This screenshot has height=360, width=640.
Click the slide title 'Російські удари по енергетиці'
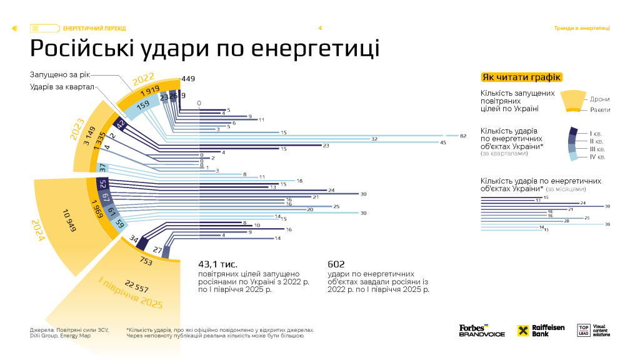(x=205, y=48)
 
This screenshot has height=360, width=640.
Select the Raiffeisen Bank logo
(x=541, y=331)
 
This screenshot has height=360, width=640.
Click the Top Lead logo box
(x=584, y=331)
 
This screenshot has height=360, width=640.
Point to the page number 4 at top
(x=320, y=28)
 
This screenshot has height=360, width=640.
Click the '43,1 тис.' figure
(x=217, y=264)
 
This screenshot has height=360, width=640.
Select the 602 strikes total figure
(x=336, y=264)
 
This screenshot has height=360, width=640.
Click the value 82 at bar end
(x=463, y=136)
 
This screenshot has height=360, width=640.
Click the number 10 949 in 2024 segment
(x=68, y=221)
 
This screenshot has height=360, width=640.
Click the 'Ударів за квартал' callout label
(x=62, y=86)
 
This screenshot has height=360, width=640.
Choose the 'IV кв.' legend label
(x=597, y=157)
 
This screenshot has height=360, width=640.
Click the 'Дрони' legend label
(x=599, y=99)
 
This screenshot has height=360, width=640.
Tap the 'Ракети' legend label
(x=599, y=110)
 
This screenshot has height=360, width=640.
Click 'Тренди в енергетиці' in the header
(x=582, y=28)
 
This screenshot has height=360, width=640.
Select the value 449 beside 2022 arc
(x=188, y=79)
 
